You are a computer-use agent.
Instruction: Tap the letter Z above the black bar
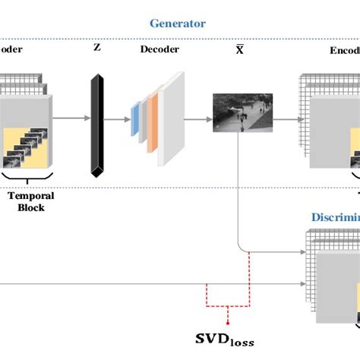(x=97, y=48)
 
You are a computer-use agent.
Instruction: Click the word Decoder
(x=159, y=49)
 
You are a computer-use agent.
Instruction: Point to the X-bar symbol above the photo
(x=239, y=49)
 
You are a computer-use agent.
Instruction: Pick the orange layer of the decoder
(x=153, y=119)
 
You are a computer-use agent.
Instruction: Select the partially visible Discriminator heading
(x=334, y=217)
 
